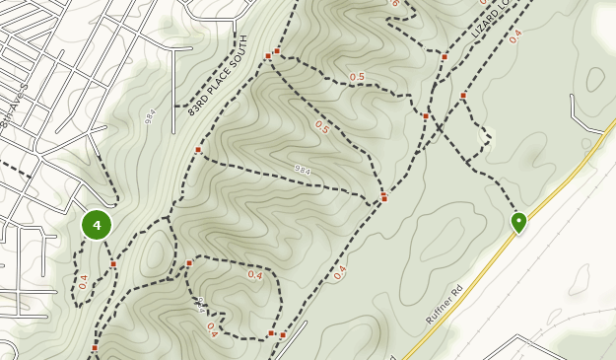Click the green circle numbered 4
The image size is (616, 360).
97,225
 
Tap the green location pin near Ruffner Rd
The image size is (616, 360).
518,222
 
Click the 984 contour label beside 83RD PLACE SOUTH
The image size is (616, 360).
151,115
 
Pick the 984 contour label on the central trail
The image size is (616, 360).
303,170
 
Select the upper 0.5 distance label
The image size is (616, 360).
357,77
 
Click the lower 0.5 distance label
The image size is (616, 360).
321,127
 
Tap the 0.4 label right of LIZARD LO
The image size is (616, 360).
515,36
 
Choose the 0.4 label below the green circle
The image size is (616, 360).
84,281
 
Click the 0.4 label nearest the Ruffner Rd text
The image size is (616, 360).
340,272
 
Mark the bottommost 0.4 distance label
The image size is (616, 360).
212,331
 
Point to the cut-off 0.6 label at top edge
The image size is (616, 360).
394,4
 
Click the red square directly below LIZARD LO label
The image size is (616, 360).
445,57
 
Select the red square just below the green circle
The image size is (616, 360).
113,263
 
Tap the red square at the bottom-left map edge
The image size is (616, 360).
95,347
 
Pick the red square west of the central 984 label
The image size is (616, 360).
198,150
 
